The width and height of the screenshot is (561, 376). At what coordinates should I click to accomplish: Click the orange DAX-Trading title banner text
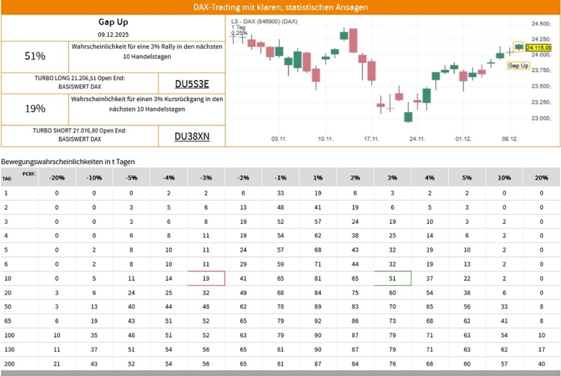280,7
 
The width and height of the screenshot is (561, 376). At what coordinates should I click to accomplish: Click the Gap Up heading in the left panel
113,22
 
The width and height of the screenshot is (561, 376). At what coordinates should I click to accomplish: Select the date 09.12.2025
113,34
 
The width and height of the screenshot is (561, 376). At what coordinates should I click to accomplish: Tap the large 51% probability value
35,56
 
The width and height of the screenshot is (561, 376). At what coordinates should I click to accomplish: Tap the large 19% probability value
35,109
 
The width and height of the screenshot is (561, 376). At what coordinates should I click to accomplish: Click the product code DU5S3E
192,84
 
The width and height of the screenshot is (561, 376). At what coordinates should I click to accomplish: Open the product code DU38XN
192,137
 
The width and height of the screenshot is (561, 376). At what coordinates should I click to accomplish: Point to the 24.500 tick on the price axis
540,24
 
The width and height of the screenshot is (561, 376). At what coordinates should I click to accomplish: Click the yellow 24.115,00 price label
539,48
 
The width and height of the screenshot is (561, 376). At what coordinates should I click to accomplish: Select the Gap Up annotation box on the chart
518,66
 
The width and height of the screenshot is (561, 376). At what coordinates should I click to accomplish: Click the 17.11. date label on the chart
371,139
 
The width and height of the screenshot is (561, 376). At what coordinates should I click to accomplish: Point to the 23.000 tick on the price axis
540,118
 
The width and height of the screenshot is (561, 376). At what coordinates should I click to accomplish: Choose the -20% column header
56,178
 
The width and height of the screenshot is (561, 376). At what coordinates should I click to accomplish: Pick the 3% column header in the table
392,178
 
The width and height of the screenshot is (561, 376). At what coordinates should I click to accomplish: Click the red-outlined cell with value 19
206,278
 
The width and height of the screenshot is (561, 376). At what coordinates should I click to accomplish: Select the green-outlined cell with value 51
392,278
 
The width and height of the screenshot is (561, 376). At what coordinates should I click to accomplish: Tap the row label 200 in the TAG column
7,364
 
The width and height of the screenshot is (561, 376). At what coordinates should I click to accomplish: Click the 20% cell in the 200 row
542,364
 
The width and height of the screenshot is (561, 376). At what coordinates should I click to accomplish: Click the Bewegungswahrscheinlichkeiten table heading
68,162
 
